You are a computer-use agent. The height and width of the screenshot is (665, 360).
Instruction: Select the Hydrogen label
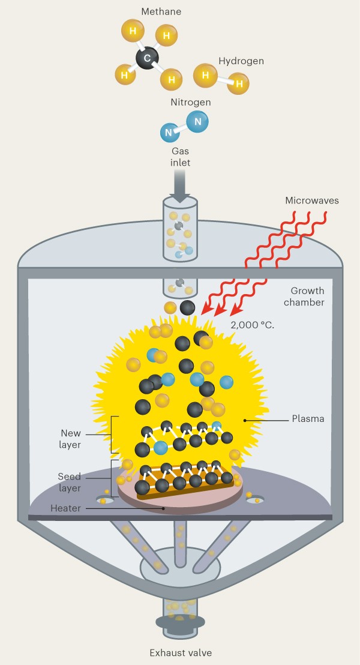click(241, 61)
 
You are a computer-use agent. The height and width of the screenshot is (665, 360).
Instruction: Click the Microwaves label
click(311, 200)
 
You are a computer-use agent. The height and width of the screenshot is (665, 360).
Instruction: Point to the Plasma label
click(308, 419)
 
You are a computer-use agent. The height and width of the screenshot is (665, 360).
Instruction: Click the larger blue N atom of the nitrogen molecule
click(197, 122)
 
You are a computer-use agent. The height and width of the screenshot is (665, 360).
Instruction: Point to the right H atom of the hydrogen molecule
click(239, 83)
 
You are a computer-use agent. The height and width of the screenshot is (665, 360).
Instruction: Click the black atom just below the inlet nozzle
click(188, 308)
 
